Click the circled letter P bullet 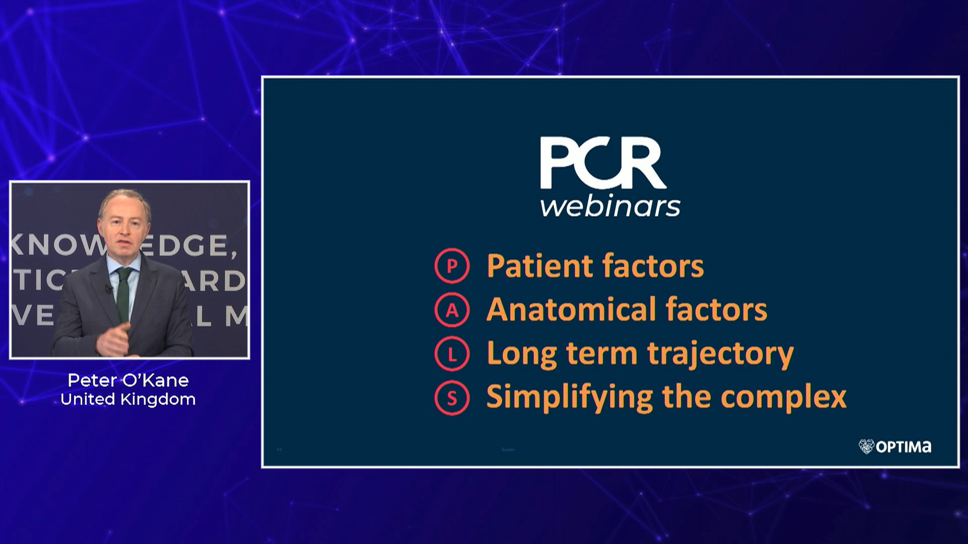[x=452, y=266]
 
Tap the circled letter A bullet [x=452, y=310]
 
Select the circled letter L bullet [x=452, y=354]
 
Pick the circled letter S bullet [x=452, y=398]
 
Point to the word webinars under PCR [x=610, y=207]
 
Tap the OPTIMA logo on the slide [x=895, y=447]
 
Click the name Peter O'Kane [x=128, y=380]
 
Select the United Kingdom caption [x=128, y=399]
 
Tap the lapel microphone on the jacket [x=108, y=289]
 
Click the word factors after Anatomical [x=716, y=309]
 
